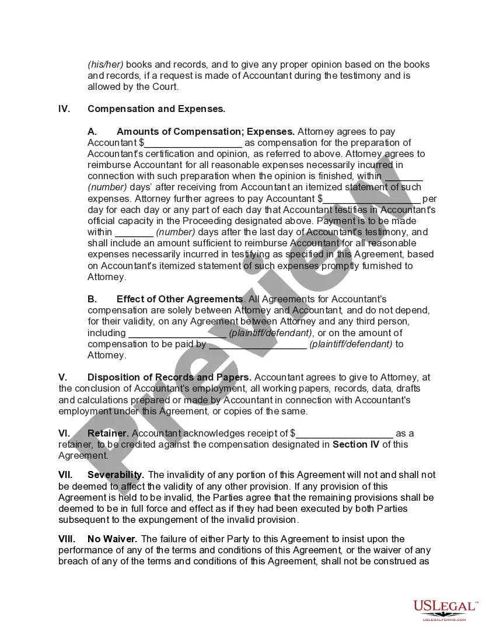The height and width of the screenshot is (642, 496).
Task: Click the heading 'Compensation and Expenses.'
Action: (x=156, y=109)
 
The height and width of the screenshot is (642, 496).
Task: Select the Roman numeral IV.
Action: (x=64, y=109)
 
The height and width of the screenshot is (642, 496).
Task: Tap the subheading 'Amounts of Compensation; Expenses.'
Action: (x=205, y=131)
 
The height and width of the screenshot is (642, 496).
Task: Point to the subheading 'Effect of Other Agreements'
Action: (x=180, y=299)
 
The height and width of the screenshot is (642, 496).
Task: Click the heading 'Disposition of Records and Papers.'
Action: (x=169, y=377)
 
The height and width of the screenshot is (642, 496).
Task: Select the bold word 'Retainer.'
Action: (x=108, y=433)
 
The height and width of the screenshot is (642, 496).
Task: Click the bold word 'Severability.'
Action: (x=116, y=475)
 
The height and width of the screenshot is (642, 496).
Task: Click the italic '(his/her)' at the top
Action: (x=106, y=64)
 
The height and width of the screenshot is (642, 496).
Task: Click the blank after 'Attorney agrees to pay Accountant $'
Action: (x=193, y=144)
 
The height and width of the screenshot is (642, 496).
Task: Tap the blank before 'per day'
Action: (x=372, y=200)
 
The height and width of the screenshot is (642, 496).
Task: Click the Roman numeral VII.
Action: (x=66, y=475)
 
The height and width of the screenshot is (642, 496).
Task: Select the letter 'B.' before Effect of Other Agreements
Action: (x=93, y=299)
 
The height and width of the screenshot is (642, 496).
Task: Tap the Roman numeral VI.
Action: (x=64, y=433)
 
